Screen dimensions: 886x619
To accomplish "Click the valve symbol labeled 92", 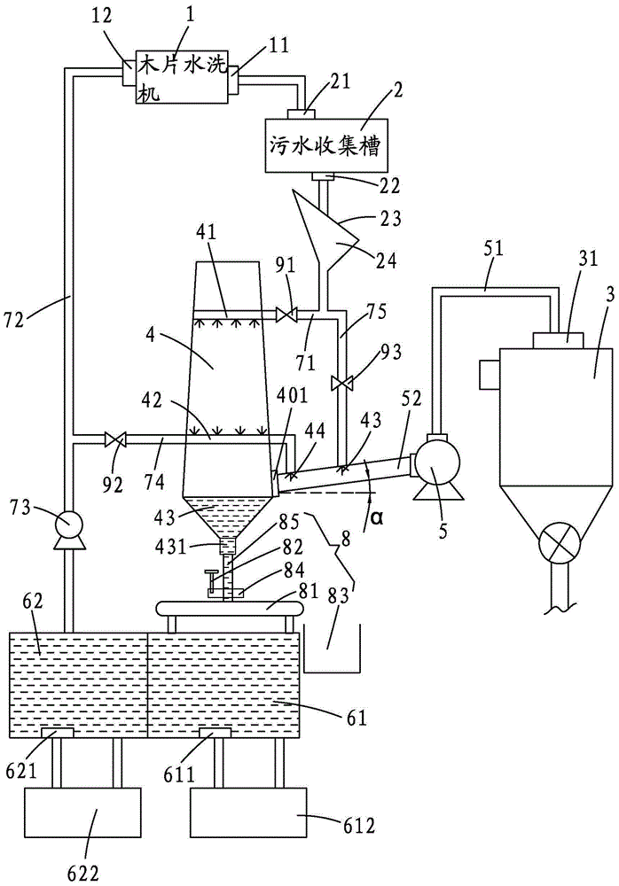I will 114,438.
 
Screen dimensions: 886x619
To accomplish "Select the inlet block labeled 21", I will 304,113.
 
